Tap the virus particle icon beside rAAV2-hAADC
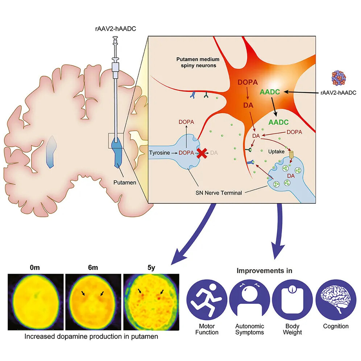339,78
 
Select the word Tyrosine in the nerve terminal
160,153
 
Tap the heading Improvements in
265,270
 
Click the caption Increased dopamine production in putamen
92,336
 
